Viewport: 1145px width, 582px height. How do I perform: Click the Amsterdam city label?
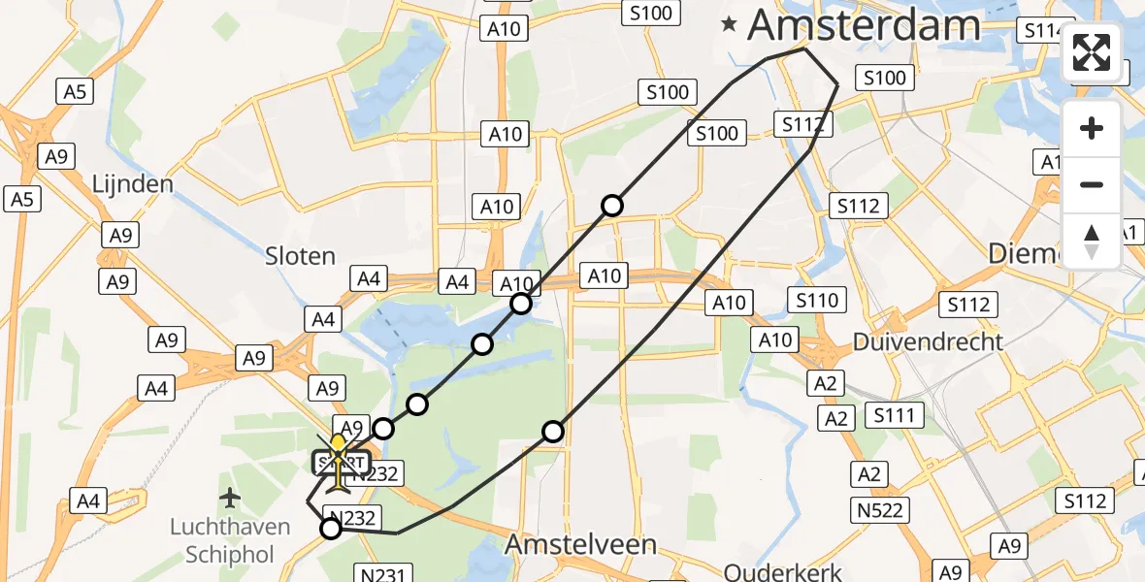pos(865,25)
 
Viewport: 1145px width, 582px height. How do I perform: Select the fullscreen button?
pos(1092,52)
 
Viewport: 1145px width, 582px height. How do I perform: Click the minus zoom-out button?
pos(1092,184)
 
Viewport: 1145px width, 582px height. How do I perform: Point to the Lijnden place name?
pos(132,184)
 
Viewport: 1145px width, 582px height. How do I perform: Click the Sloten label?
pos(301,256)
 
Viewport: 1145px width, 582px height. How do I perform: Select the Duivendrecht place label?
pos(928,341)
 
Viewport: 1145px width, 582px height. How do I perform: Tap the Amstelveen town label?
pos(568,545)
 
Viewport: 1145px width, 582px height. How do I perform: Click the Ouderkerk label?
pos(782,572)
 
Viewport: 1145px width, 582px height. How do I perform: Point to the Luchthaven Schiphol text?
pos(230,540)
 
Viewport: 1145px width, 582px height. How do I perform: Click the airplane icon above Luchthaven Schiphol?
pos(230,499)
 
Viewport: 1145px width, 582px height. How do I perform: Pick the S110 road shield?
pos(817,301)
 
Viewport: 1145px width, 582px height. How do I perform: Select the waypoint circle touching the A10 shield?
pos(521,304)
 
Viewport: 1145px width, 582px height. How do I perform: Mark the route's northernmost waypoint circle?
pos(611,205)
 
